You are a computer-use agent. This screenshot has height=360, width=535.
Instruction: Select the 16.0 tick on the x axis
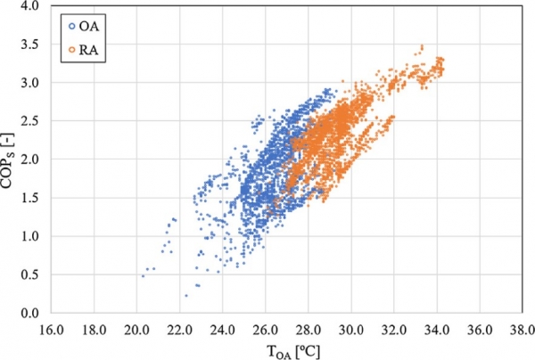click(x=51, y=328)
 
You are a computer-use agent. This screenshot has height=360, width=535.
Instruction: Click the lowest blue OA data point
click(x=186, y=295)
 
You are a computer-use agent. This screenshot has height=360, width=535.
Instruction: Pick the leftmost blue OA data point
click(x=143, y=276)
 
